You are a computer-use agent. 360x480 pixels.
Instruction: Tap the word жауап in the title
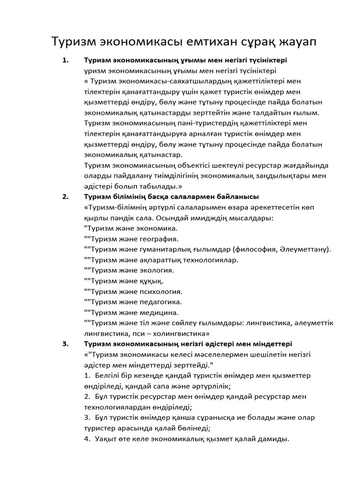click(295, 42)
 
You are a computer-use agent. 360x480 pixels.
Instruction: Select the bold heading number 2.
click(65, 196)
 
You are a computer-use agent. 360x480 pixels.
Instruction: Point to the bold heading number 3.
click(65, 343)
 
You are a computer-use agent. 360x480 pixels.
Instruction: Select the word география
click(154, 239)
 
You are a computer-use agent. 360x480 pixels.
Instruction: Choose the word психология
click(157, 291)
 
